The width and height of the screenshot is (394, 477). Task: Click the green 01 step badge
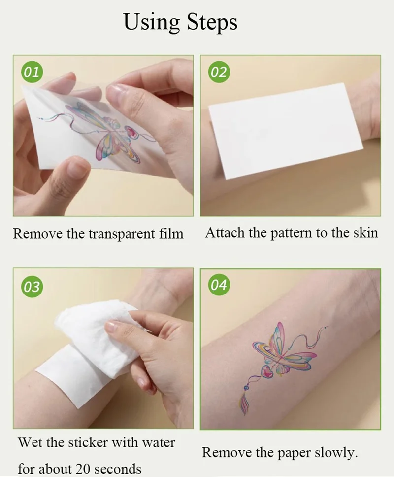[32, 73]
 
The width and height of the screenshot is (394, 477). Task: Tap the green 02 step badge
[219, 73]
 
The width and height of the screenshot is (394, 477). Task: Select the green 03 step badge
[32, 287]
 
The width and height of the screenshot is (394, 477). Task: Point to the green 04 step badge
[219, 285]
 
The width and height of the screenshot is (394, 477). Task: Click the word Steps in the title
[212, 22]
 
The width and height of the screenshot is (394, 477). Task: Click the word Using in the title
[152, 22]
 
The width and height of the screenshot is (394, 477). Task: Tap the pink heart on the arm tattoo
[267, 373]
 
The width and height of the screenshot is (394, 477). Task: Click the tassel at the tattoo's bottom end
[245, 403]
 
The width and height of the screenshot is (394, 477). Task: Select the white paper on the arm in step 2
[286, 131]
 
